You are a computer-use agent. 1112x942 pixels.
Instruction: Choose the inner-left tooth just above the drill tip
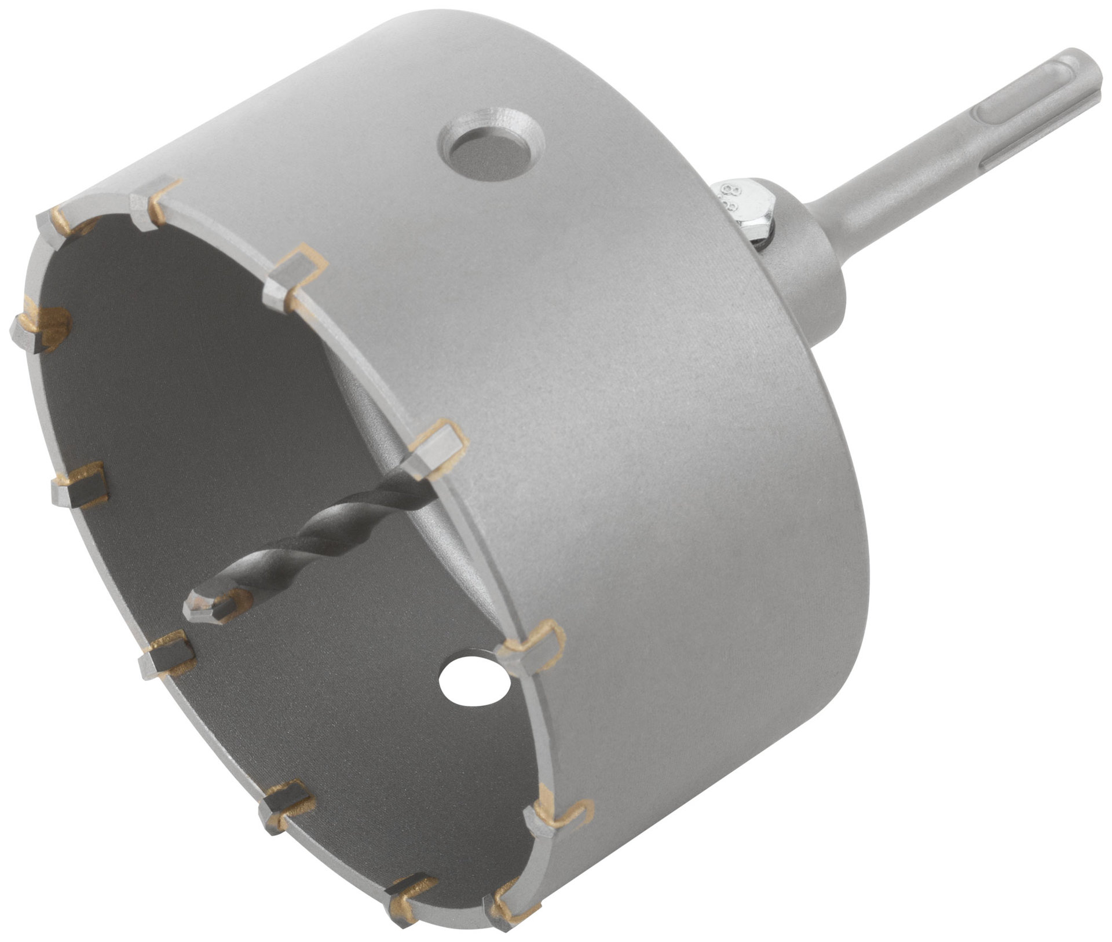[78, 485]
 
